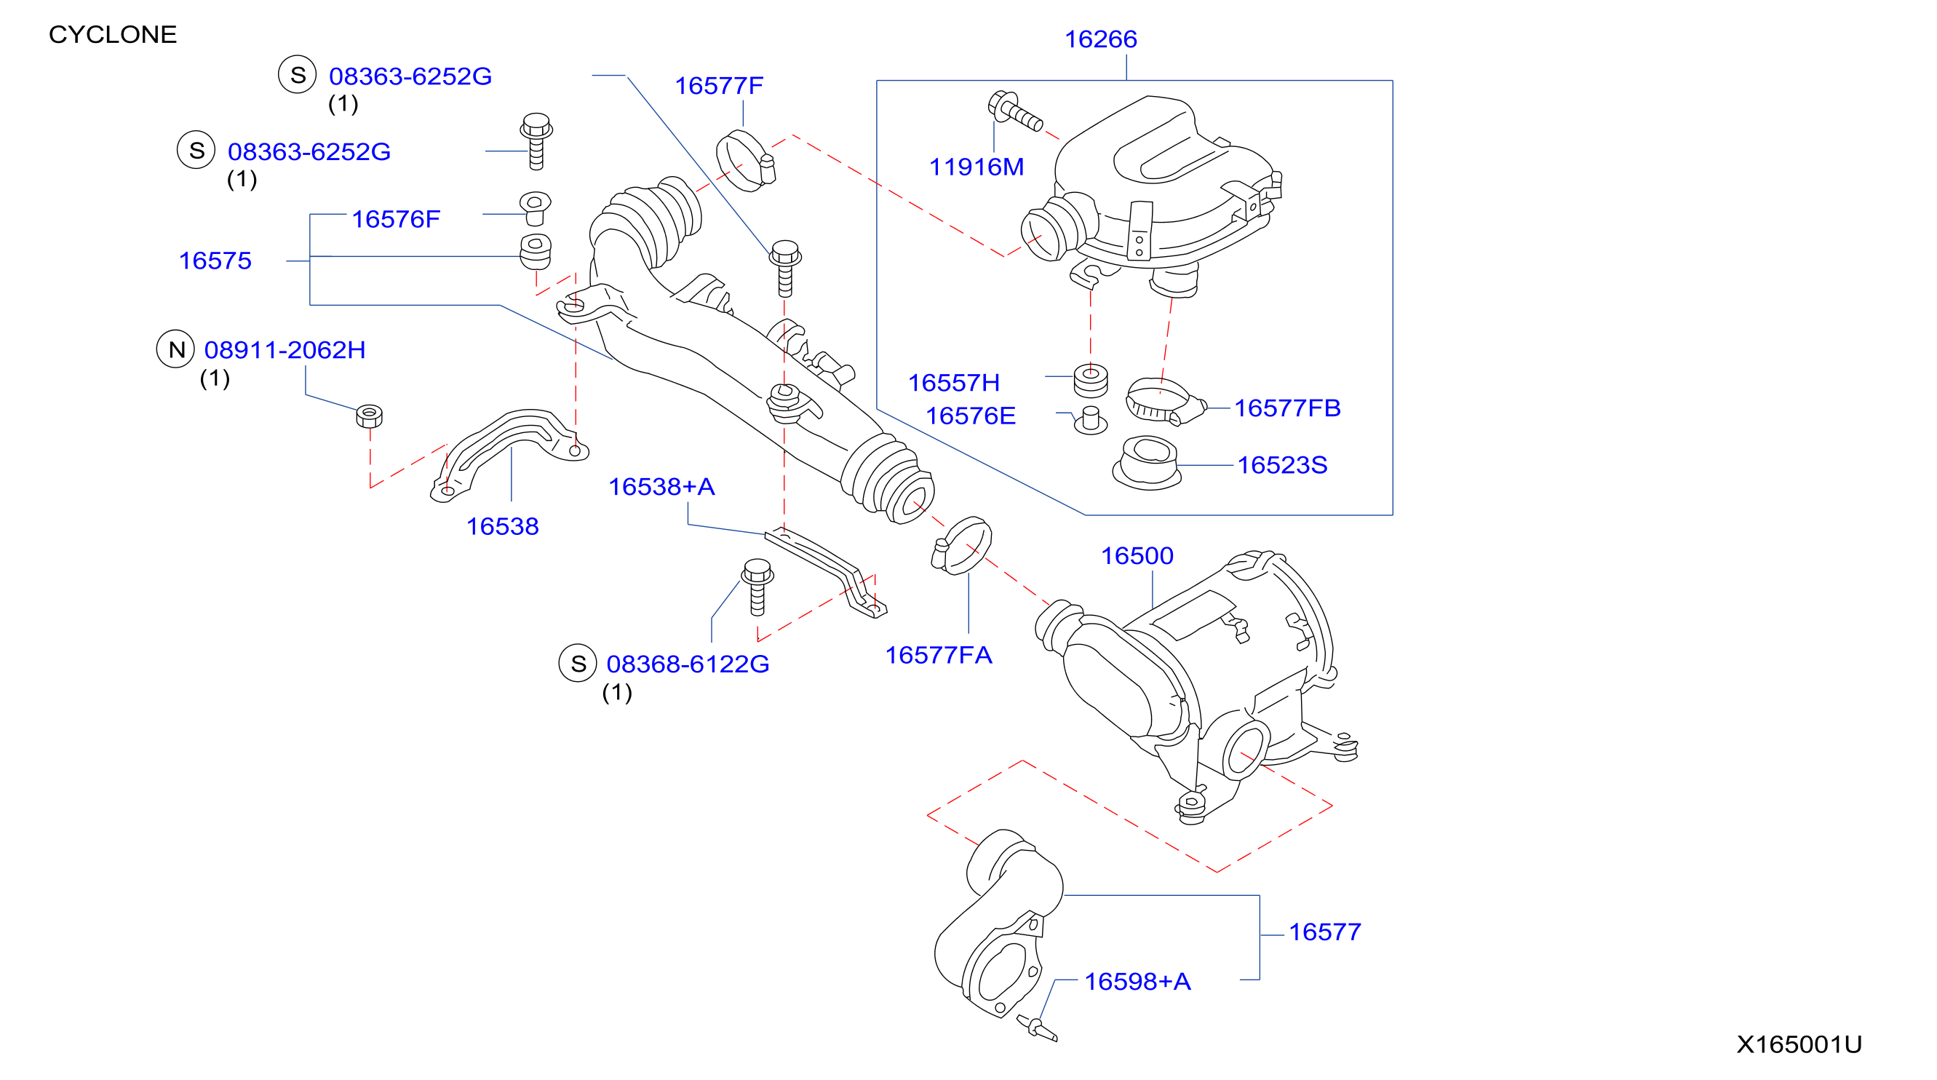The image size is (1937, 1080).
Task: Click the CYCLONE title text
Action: pyautogui.click(x=113, y=35)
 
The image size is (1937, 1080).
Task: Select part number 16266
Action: pyautogui.click(x=1100, y=39)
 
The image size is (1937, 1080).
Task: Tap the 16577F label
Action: pyautogui.click(x=719, y=86)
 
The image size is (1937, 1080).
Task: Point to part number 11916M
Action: pyautogui.click(x=976, y=167)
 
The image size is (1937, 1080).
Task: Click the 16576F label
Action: pyautogui.click(x=396, y=220)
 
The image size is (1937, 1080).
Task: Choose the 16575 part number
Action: pyautogui.click(x=215, y=261)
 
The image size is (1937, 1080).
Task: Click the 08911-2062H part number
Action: pyautogui.click(x=285, y=351)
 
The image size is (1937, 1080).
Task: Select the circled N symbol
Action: pyautogui.click(x=176, y=350)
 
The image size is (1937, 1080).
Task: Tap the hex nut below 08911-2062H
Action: pyautogui.click(x=369, y=416)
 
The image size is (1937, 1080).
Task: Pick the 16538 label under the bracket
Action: pyautogui.click(x=502, y=526)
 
